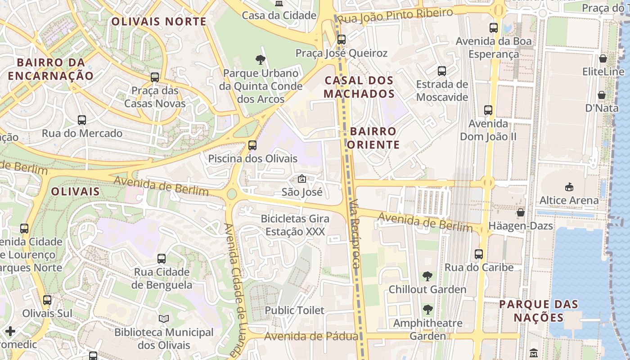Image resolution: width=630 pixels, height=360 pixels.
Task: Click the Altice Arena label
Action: (x=569, y=200)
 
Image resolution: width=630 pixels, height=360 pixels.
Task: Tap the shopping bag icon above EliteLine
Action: (x=603, y=58)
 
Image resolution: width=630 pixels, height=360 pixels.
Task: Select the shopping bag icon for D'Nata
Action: (x=601, y=95)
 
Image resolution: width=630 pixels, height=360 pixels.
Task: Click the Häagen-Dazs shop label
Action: (x=521, y=225)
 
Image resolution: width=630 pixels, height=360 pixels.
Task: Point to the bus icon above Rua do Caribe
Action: (x=479, y=254)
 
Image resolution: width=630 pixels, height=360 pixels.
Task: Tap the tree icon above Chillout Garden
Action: (x=427, y=276)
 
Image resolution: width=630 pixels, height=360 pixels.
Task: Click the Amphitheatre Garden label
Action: (x=427, y=329)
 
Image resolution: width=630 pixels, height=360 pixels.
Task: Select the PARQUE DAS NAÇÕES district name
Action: (x=539, y=310)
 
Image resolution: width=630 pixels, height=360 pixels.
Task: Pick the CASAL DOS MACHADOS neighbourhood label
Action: (x=359, y=87)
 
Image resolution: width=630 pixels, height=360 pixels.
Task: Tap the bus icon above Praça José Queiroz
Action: (x=341, y=40)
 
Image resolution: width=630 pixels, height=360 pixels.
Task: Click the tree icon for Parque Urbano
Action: (x=260, y=59)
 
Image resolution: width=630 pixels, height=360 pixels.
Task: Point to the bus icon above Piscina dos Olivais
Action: (x=252, y=145)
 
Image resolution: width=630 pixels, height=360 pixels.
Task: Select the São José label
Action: (x=302, y=192)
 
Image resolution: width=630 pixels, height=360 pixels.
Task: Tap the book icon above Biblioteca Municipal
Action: (x=164, y=319)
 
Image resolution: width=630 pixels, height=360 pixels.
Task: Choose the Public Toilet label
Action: (x=294, y=310)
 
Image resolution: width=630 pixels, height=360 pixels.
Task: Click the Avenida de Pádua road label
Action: (x=311, y=336)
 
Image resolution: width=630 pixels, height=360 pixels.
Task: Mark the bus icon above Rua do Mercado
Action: (x=82, y=120)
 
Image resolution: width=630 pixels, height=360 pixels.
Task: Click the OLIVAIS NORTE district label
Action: (x=159, y=21)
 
